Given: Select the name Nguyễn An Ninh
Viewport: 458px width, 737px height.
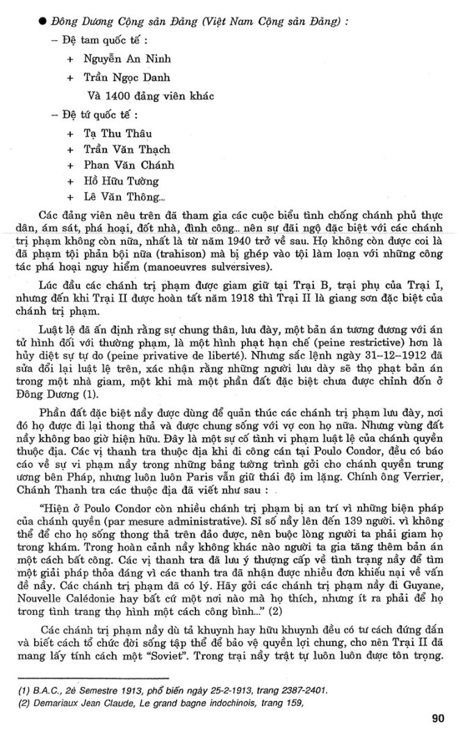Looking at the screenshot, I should (124, 60).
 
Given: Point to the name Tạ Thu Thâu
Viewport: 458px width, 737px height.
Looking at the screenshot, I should (118, 133).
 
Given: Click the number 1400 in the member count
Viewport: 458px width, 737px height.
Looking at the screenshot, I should (121, 94).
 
